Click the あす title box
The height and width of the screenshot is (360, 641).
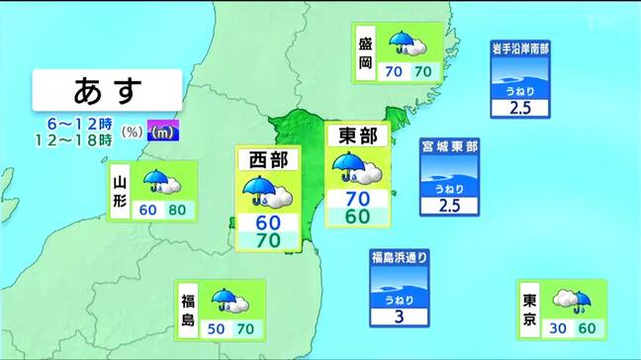(x=107, y=92)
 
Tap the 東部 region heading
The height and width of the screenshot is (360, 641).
(x=358, y=137)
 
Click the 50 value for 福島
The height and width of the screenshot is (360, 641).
(x=217, y=329)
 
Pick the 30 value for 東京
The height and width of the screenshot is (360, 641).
(x=558, y=329)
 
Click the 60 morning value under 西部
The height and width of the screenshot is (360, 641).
(x=269, y=222)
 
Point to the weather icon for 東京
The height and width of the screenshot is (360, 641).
(x=571, y=300)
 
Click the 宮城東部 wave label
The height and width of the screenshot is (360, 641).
(x=450, y=146)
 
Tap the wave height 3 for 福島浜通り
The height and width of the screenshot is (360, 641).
(x=400, y=316)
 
